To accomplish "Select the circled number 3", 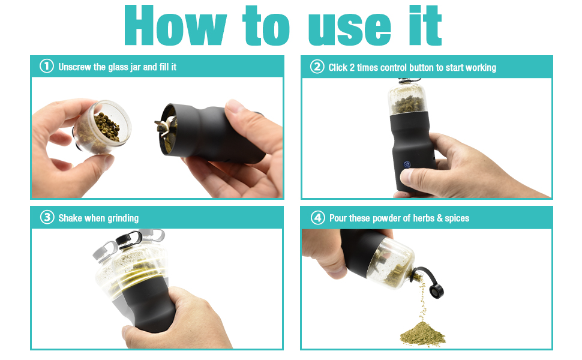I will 47,217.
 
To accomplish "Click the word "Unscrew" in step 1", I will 76,67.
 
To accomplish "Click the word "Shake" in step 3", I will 70,218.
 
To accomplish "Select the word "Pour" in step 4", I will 340,218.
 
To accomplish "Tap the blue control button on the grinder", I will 406,163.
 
